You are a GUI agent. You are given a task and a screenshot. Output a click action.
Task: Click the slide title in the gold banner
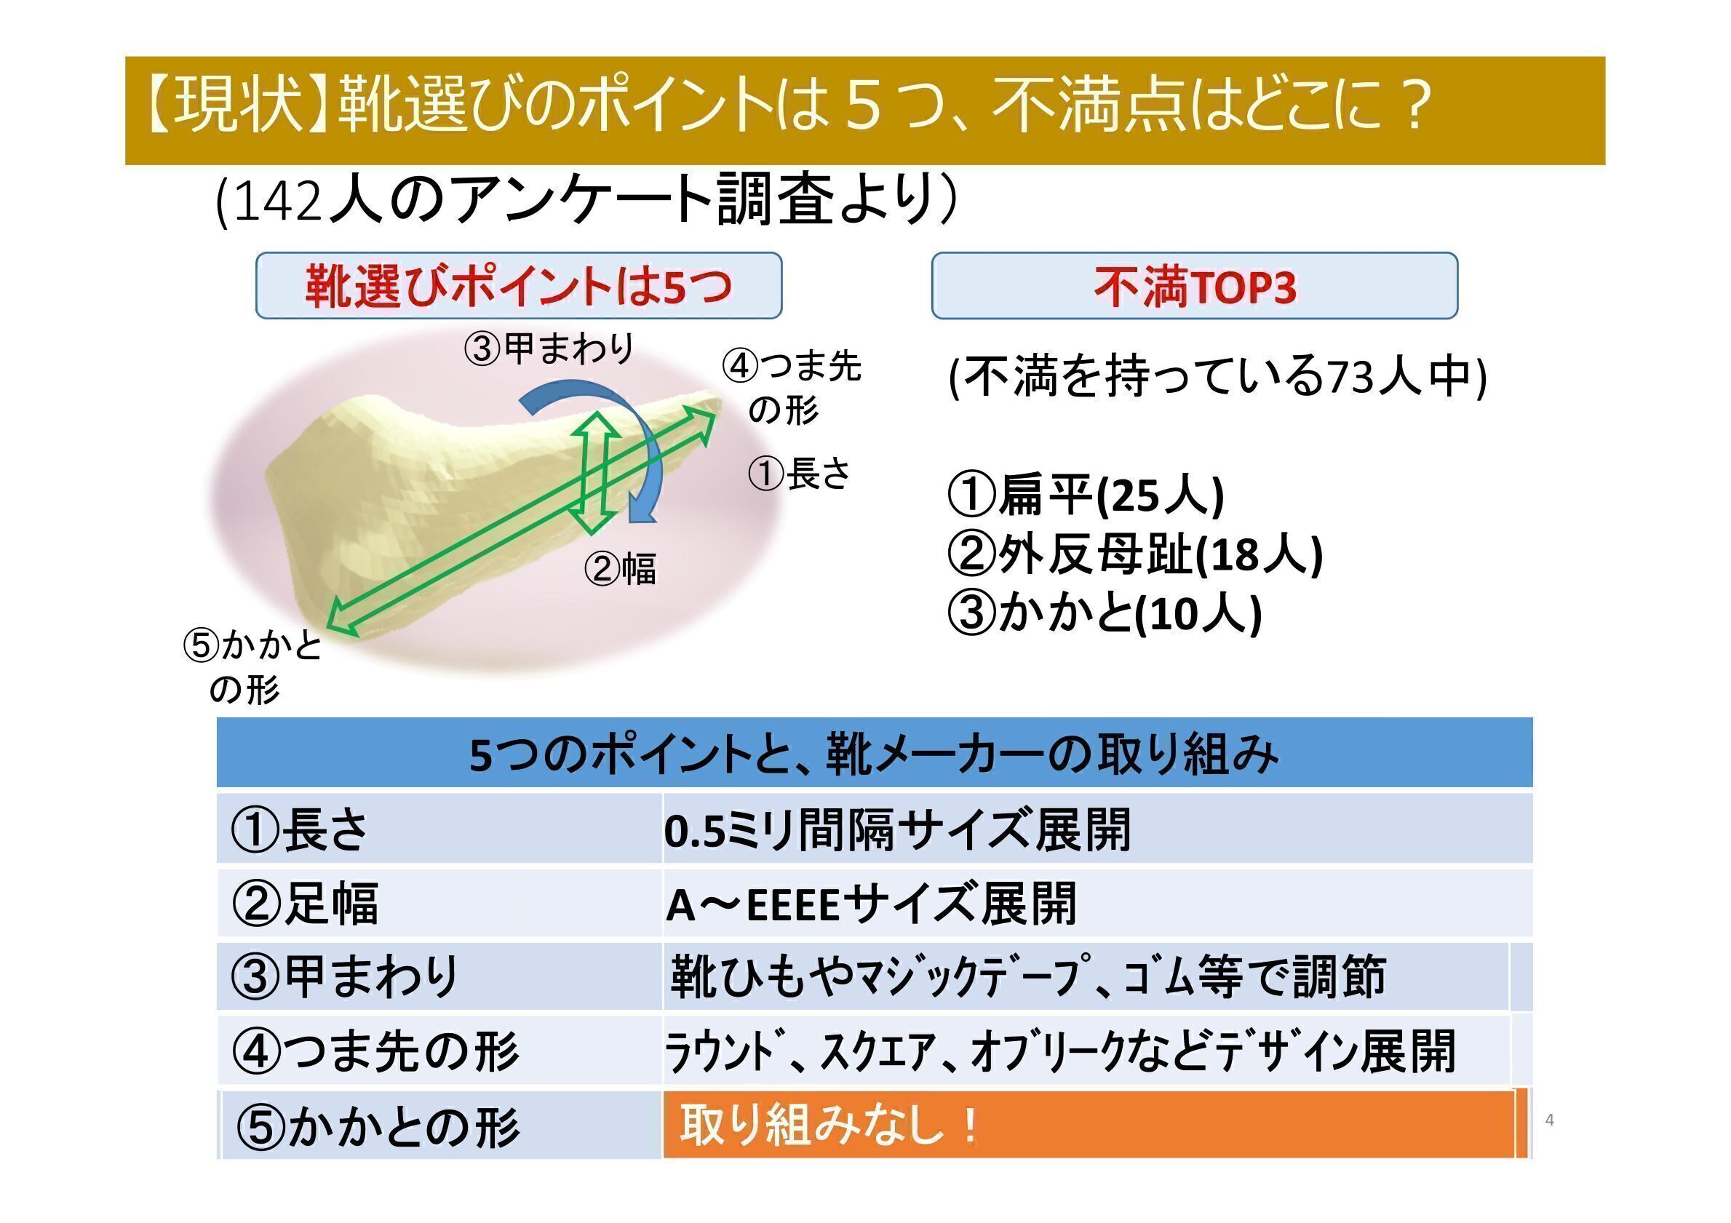coord(789,108)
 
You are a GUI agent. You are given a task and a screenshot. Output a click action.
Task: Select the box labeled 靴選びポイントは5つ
coord(519,286)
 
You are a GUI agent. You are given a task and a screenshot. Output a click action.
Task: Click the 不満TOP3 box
coord(1194,286)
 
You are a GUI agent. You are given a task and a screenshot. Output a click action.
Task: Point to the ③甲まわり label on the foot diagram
coord(549,349)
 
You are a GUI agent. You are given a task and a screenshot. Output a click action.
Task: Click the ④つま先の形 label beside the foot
coord(791,389)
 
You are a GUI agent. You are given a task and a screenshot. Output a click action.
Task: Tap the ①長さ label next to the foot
coord(799,474)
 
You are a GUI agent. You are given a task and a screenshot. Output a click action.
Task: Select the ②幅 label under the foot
coord(621,568)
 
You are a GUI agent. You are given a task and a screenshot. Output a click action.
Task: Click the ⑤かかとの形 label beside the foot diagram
coord(253,667)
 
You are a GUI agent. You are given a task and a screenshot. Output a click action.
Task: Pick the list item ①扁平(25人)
coord(1085,496)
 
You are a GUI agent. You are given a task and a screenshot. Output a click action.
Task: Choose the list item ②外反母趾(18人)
coord(1134,555)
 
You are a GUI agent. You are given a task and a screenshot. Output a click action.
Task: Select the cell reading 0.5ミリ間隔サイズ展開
coord(897,829)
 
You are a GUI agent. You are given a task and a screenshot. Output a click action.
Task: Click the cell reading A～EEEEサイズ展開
coord(871,904)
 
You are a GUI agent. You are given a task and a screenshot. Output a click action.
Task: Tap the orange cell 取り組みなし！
coord(1089,1124)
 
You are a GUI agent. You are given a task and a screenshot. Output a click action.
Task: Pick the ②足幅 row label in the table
coord(306,904)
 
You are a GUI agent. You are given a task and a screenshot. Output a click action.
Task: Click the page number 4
coord(1549,1120)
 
